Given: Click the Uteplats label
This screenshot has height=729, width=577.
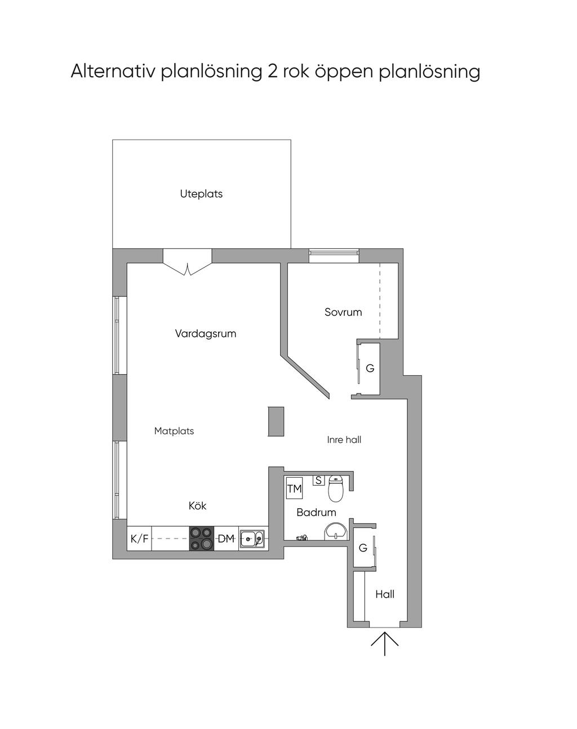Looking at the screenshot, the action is [201, 194].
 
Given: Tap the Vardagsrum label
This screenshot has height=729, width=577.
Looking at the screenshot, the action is [206, 334].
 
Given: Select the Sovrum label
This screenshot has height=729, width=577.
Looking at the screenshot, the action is [343, 312].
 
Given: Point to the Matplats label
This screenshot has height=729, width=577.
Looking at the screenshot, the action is [174, 431].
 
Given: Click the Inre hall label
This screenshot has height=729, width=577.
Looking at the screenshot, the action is [344, 440].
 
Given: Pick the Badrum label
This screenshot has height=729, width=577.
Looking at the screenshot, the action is [316, 512].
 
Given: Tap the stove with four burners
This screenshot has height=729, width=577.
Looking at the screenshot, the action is [202, 538].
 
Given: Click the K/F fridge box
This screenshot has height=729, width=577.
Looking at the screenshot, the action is [139, 538].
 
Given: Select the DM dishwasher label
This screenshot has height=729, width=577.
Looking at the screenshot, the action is [226, 538].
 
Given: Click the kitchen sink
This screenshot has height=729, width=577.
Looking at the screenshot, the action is [252, 539].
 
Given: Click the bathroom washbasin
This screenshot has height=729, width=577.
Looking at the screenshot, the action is [336, 531].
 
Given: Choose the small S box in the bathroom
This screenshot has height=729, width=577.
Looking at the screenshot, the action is [318, 481].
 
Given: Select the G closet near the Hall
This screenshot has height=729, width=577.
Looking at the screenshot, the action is [363, 548].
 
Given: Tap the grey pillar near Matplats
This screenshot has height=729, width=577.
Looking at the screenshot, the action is [276, 421].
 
